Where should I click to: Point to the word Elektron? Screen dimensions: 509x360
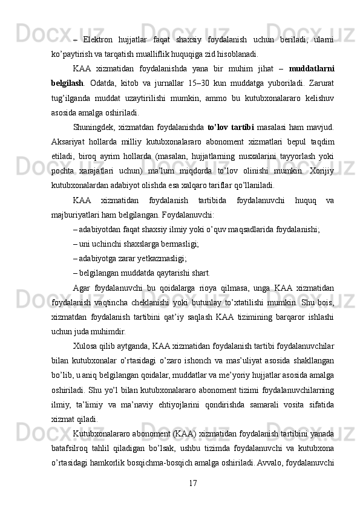coord(100,39)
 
